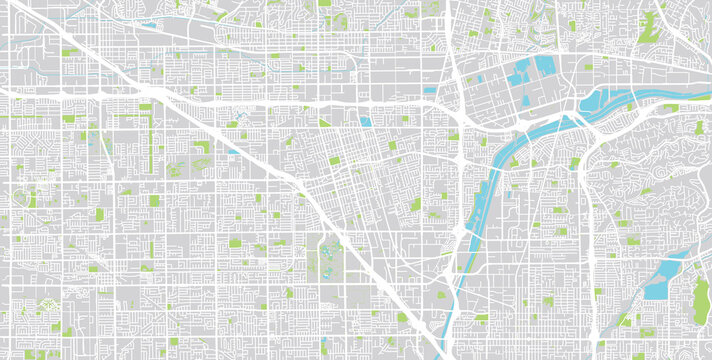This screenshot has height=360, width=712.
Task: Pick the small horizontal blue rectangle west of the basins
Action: click(x=429, y=90)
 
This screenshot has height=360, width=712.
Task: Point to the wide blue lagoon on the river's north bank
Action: click(x=610, y=97)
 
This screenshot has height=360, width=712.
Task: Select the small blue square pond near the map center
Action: click(x=366, y=122)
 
